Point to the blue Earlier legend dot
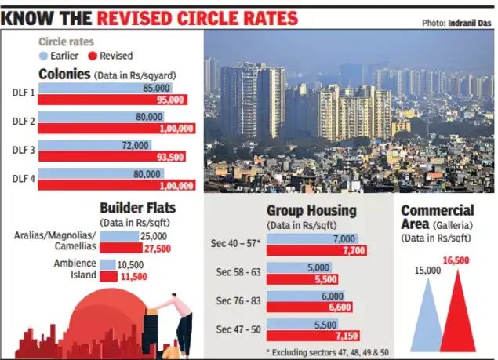[43, 56]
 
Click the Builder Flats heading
[137, 208]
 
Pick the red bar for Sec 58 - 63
[303, 278]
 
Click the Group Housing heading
[311, 210]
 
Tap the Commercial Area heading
[437, 217]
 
